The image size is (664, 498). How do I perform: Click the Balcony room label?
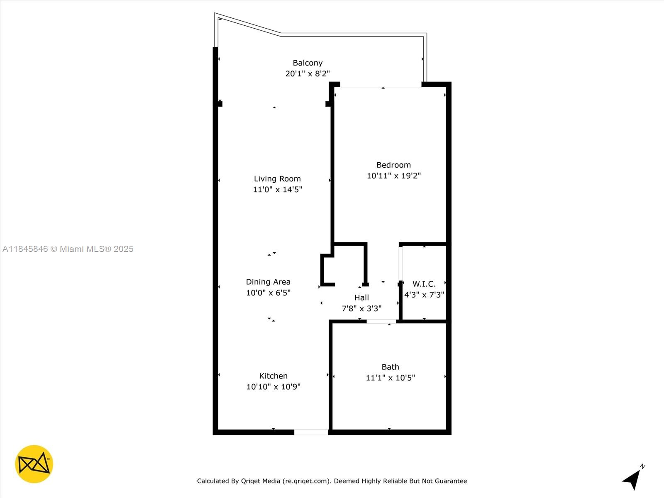pyautogui.click(x=308, y=63)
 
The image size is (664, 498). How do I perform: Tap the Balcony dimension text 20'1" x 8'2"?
pyautogui.click(x=308, y=73)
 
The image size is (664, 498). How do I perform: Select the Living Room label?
pyautogui.click(x=277, y=179)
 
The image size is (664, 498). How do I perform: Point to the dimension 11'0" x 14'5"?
pyautogui.click(x=277, y=190)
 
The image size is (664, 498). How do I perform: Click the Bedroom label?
pyautogui.click(x=393, y=165)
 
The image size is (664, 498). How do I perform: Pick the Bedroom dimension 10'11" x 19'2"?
pyautogui.click(x=393, y=176)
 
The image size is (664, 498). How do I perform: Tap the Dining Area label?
pyautogui.click(x=268, y=282)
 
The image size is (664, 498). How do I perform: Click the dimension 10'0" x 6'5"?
pyautogui.click(x=268, y=293)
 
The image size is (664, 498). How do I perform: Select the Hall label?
pyautogui.click(x=361, y=298)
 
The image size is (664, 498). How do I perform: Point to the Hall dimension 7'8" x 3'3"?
pyautogui.click(x=361, y=308)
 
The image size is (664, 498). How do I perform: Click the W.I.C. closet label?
pyautogui.click(x=424, y=284)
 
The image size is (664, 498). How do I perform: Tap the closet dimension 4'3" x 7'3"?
pyautogui.click(x=424, y=295)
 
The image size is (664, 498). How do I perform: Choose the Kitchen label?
pyautogui.click(x=273, y=376)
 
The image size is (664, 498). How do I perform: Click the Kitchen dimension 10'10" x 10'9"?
pyautogui.click(x=273, y=387)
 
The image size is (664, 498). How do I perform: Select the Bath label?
pyautogui.click(x=390, y=367)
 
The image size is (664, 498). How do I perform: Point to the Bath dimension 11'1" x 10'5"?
pyautogui.click(x=390, y=378)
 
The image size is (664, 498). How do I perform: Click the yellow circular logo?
pyautogui.click(x=34, y=464)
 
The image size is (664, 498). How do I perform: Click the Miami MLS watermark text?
pyautogui.click(x=68, y=249)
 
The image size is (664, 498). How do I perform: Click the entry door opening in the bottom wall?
pyautogui.click(x=311, y=432)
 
